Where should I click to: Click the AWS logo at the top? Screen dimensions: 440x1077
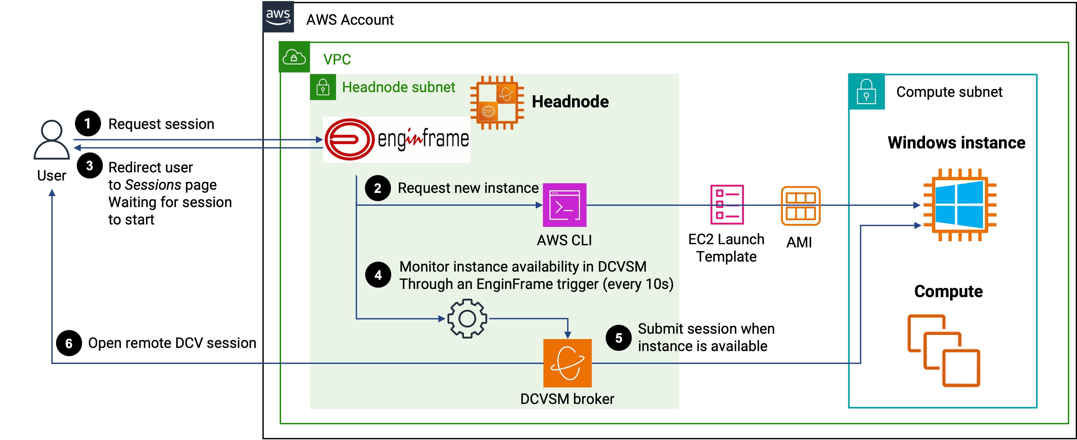click(x=278, y=17)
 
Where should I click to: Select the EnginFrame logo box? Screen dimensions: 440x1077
click(x=396, y=139)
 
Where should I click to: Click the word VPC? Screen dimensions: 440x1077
click(x=337, y=59)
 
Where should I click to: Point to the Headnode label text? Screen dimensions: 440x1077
click(x=570, y=102)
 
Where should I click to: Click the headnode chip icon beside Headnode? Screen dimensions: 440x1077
click(x=497, y=103)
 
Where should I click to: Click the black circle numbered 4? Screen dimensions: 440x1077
click(x=378, y=275)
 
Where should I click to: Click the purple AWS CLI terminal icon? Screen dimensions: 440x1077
click(x=564, y=205)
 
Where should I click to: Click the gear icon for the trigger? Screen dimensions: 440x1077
click(x=467, y=319)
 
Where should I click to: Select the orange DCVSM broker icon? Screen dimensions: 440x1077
click(x=567, y=363)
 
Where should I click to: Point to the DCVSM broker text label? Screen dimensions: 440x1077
click(x=567, y=399)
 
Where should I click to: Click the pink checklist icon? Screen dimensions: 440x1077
click(x=727, y=205)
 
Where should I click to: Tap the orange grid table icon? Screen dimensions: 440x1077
click(x=801, y=206)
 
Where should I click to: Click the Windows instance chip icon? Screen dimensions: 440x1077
click(x=959, y=205)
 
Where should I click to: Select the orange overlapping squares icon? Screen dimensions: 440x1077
click(x=944, y=351)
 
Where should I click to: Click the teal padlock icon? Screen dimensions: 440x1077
click(x=866, y=92)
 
